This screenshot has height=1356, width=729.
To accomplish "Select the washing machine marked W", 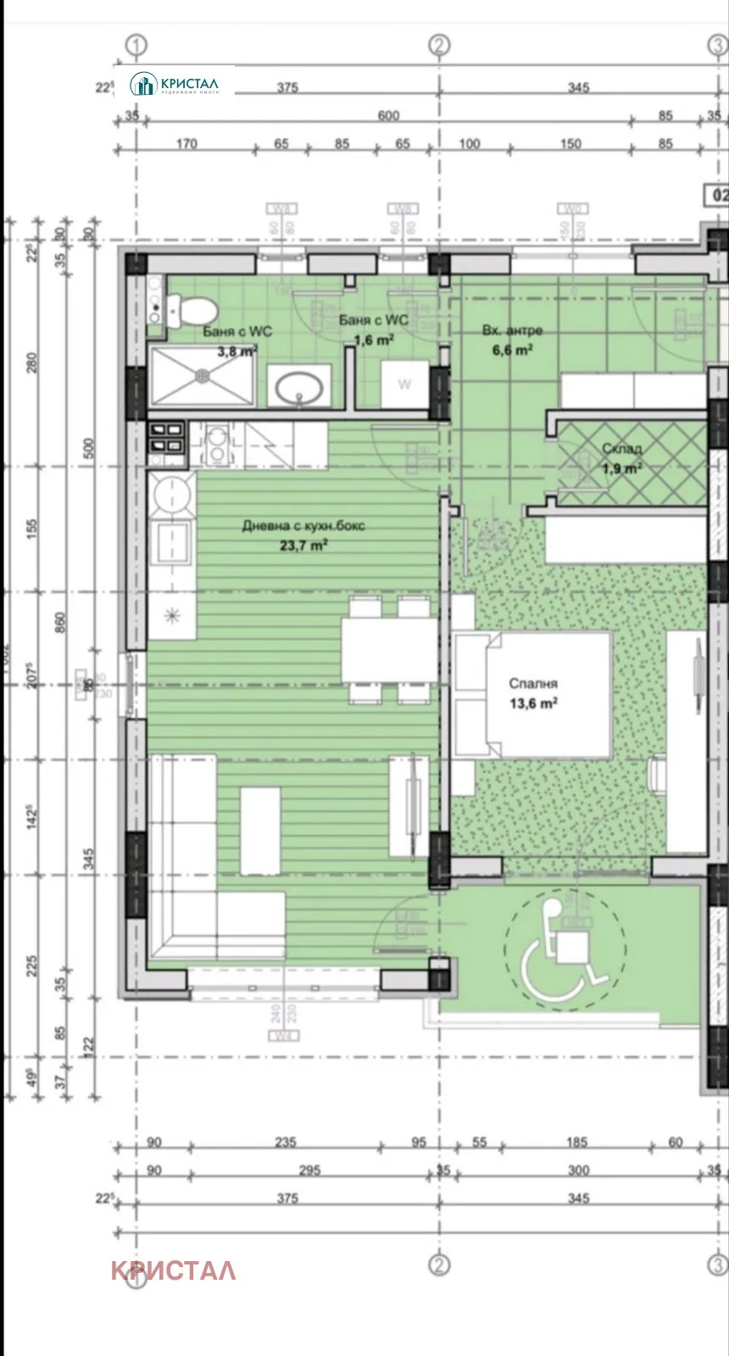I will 404,385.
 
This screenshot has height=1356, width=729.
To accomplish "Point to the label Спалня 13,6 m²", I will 533,693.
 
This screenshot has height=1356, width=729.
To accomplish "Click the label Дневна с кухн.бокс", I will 303,526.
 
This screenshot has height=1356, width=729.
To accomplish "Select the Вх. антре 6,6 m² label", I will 512,339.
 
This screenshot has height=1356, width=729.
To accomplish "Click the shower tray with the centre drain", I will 203,374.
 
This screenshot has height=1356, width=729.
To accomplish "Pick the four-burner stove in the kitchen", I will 167,439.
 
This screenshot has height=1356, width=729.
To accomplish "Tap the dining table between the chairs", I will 389,650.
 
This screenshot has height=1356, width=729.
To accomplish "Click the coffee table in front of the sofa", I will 260,831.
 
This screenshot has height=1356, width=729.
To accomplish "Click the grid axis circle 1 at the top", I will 136,45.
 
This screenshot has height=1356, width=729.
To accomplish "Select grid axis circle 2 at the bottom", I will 438,1264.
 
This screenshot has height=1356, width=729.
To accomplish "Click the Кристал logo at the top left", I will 175,84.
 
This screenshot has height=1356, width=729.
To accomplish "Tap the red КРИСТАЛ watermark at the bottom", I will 173,1270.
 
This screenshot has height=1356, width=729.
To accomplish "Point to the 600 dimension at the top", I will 388,116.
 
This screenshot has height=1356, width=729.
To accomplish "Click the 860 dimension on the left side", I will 59,625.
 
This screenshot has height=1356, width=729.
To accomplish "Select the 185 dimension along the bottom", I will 576,1142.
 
